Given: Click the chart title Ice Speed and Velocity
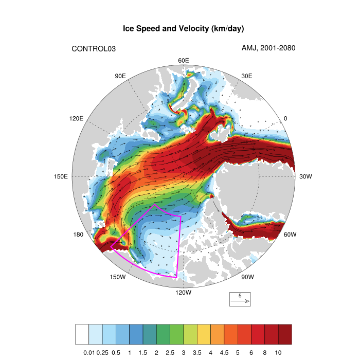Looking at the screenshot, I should click(x=183, y=29).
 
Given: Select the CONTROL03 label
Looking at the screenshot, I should click(x=93, y=49).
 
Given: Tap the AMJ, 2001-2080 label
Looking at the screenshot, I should click(x=268, y=48).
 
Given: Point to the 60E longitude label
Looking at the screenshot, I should click(x=184, y=61).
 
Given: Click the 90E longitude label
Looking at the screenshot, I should click(x=120, y=76).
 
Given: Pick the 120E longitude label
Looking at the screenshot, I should click(x=76, y=118).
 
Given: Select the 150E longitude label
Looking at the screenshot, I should click(x=61, y=176).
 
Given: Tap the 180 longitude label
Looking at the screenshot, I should click(x=78, y=235).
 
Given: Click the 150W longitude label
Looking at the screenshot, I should click(x=118, y=278).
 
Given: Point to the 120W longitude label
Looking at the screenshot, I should click(x=183, y=293).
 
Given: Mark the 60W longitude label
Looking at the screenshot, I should click(x=290, y=235).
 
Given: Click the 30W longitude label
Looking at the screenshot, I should click(x=305, y=176).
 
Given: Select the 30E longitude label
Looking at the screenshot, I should click(x=246, y=76).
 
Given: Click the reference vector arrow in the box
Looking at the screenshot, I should click(x=240, y=301).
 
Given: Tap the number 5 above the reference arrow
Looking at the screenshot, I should click(x=240, y=296).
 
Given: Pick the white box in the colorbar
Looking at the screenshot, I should click(x=82, y=334).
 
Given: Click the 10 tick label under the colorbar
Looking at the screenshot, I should click(x=278, y=352).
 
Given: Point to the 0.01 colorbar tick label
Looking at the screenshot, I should click(x=89, y=352).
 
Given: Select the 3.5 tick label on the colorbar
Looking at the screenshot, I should click(x=197, y=352).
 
